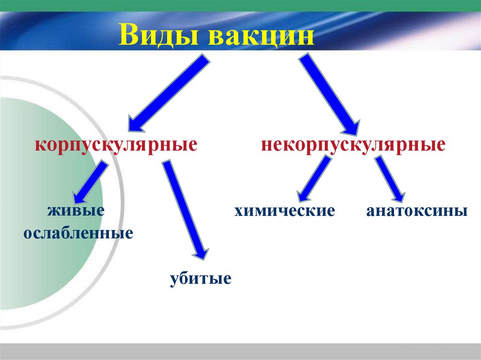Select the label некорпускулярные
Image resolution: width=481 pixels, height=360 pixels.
(353, 144)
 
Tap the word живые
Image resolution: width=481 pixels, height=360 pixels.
(75, 210)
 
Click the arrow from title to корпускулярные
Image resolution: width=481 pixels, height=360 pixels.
(169, 92)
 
